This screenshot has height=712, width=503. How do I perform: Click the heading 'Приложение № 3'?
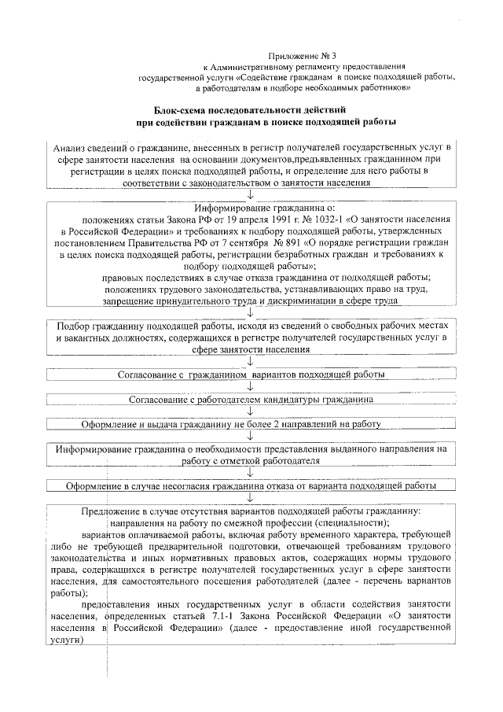tap(302, 56)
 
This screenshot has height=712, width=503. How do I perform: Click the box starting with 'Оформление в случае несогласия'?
tap(251, 485)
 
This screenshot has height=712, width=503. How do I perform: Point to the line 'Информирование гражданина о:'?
tap(250, 208)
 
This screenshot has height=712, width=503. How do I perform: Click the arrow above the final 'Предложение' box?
tap(250, 497)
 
